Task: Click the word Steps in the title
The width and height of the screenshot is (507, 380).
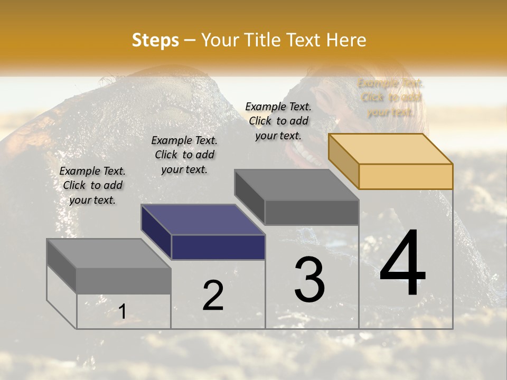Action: tap(155, 40)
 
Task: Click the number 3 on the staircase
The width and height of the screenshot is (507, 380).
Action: tap(309, 280)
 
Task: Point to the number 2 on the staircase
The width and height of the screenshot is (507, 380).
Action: tap(213, 296)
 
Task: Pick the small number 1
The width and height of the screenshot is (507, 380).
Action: tap(122, 311)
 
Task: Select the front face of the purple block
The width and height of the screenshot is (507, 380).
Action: tap(218, 247)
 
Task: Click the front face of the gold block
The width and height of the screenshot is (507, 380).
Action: tap(406, 176)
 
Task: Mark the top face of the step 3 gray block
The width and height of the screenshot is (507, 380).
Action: tap(297, 185)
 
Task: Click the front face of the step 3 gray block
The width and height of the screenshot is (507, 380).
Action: tap(312, 212)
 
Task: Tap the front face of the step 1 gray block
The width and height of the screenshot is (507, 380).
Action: tap(124, 281)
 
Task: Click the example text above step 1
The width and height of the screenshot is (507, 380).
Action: tap(92, 185)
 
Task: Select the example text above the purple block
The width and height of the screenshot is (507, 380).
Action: tap(184, 155)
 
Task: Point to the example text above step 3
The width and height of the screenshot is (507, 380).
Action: tap(278, 121)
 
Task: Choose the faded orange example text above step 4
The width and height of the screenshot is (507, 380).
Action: tap(390, 97)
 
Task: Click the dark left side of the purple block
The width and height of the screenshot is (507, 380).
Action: tap(156, 232)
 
